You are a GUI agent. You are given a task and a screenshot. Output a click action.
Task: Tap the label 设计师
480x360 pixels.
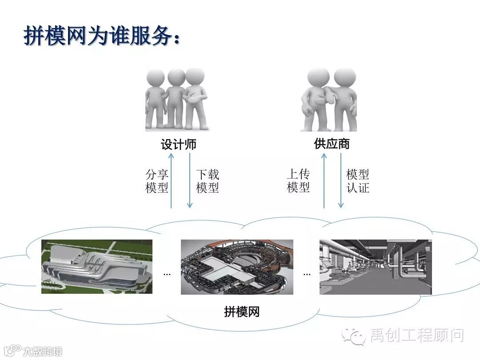coord(179,144)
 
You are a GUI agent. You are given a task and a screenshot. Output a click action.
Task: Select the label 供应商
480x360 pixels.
coord(332,144)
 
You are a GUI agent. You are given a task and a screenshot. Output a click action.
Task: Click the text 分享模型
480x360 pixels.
coord(157,181)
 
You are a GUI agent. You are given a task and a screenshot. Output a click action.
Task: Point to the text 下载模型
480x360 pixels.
coord(208,181)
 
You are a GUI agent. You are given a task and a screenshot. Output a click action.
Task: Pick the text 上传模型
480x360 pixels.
coord(298,181)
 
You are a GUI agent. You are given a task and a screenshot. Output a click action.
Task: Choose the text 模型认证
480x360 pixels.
coord(358,181)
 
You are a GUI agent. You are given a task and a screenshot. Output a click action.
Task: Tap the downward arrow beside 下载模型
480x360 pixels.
coord(190,180)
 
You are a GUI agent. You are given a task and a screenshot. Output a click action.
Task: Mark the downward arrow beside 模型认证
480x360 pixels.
coord(341,180)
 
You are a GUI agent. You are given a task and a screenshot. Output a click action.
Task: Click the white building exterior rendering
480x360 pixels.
coord(97,267)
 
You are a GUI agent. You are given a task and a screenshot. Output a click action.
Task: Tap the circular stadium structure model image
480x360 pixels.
coord(237,267)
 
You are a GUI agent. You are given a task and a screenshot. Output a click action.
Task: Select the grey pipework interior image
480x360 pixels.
coord(376,267)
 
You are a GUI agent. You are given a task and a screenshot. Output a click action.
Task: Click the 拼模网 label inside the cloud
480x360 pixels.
coord(242,312)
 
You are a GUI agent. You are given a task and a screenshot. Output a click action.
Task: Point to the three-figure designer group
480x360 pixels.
coord(177,99)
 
